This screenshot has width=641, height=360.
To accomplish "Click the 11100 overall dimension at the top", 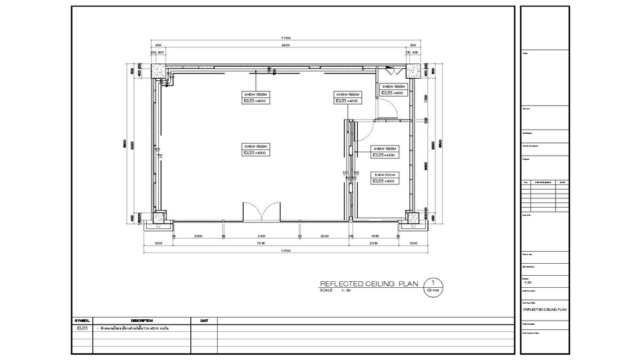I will tap(285, 37).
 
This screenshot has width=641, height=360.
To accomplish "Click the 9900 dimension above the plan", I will tap(285, 45).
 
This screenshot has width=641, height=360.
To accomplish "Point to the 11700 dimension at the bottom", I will tap(285, 250).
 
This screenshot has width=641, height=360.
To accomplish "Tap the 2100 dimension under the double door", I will tap(261, 236).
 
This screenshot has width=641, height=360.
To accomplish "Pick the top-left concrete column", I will tap(158, 70).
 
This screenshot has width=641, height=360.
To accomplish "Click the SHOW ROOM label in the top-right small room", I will tap(393, 87).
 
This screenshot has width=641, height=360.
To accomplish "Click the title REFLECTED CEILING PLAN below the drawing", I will tap(369, 284).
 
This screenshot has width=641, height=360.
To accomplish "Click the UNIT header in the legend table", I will tap(204, 321).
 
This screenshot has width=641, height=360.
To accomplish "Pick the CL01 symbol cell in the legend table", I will tap(83, 329).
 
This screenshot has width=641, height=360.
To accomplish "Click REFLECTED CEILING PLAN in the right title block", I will tap(545, 310).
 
